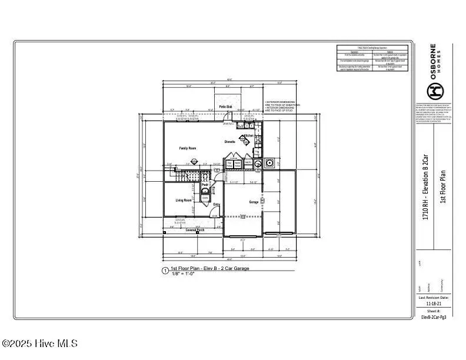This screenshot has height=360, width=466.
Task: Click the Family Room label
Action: pyautogui.click(x=187, y=148)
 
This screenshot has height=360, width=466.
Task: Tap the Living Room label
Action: pyautogui.click(x=184, y=200)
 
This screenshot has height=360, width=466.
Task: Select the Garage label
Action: pyautogui.click(x=254, y=201)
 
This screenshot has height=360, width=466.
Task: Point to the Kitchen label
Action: pyautogui.click(x=249, y=135)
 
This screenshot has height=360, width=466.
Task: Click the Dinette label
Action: pyautogui.click(x=230, y=142)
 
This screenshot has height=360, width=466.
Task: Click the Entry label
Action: pyautogui.click(x=217, y=204)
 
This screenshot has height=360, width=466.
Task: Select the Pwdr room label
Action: pyautogui.click(x=205, y=185)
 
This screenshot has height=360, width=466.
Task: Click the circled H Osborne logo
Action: pyautogui.click(x=434, y=90)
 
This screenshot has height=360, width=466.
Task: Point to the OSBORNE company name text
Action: pyautogui.click(x=433, y=62)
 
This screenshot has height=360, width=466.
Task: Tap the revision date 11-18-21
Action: pyautogui.click(x=432, y=304)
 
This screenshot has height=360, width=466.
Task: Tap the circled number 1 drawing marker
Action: pyautogui.click(x=165, y=271)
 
